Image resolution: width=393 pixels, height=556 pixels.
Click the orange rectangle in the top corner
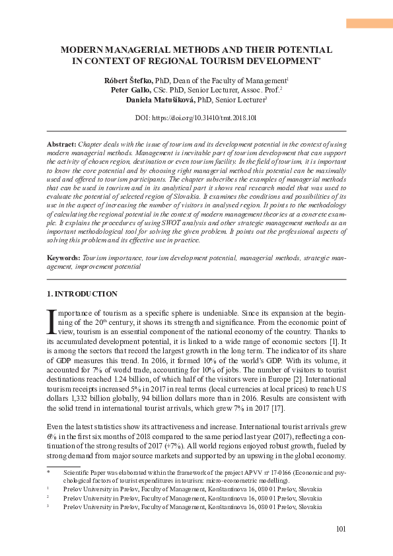(x=369, y=24)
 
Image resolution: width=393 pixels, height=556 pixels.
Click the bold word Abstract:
(x=62, y=143)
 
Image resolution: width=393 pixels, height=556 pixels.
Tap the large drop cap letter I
(x=52, y=321)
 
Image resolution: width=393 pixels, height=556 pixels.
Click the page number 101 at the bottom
(x=341, y=528)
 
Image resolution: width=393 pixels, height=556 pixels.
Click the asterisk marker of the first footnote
(x=48, y=473)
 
